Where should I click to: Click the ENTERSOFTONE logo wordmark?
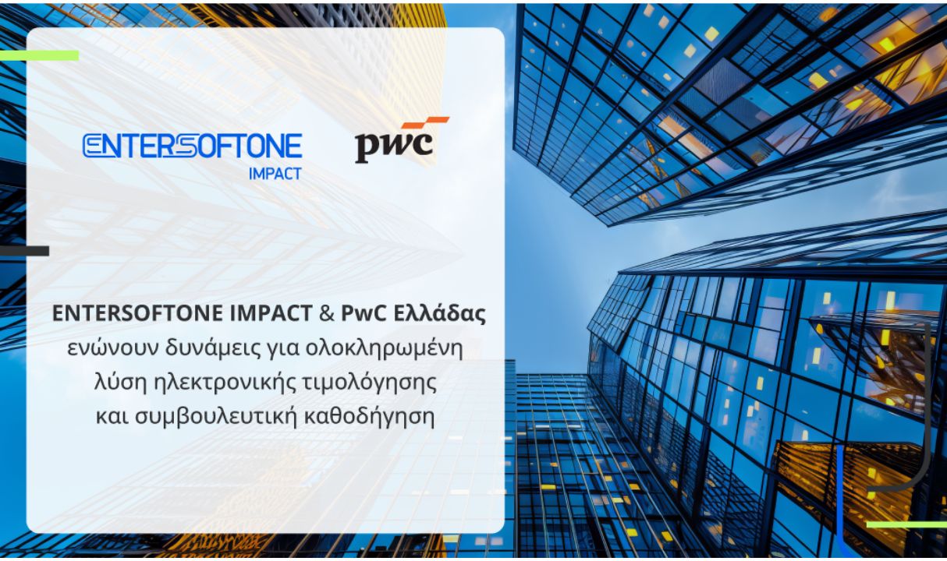coord(192,146)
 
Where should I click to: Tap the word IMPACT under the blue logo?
coord(275,174)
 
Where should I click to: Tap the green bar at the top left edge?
coord(39,55)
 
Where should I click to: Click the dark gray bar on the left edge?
coord(24,251)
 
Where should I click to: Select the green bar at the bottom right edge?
coord(906,524)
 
